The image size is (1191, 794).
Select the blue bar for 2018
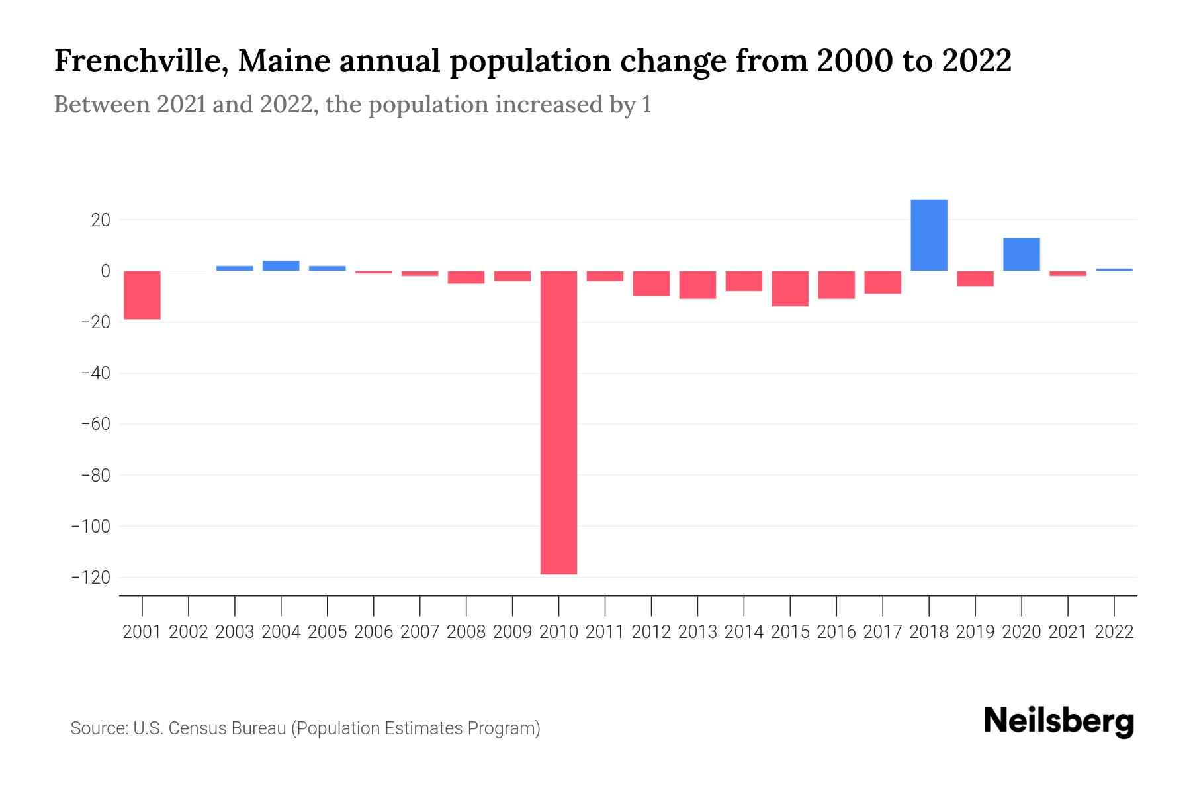pyautogui.click(x=929, y=235)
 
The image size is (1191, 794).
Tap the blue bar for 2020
pyautogui.click(x=1022, y=254)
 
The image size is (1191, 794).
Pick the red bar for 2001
pyautogui.click(x=142, y=295)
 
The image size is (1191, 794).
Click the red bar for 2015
pyautogui.click(x=790, y=288)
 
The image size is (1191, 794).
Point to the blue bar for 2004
pyautogui.click(x=281, y=266)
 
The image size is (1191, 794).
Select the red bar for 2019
pyautogui.click(x=975, y=279)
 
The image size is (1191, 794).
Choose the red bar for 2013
pyautogui.click(x=697, y=285)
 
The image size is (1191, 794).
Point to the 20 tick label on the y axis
pyautogui.click(x=101, y=220)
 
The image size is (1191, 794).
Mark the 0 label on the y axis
pyautogui.click(x=105, y=271)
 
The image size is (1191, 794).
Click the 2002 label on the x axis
pyautogui.click(x=189, y=632)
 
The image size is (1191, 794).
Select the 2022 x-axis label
pyautogui.click(x=1114, y=632)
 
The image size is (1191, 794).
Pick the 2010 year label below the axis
pyautogui.click(x=558, y=632)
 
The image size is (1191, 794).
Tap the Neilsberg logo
pyautogui.click(x=1059, y=721)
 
